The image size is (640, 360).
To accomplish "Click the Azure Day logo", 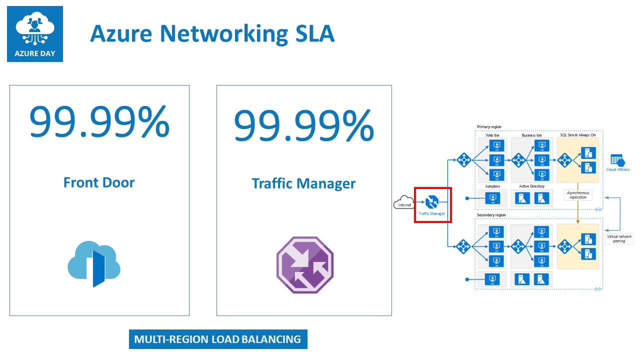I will (x=35, y=34).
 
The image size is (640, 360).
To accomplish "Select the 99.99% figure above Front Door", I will (x=99, y=123).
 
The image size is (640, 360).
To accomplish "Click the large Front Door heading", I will (x=99, y=182).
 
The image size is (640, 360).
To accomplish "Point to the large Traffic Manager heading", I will (x=303, y=183).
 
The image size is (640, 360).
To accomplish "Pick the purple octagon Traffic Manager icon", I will (x=304, y=265).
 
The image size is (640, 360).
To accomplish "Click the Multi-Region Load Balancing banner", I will (x=217, y=339).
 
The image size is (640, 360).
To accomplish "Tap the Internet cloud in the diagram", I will (x=402, y=204).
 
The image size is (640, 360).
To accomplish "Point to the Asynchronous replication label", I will (x=577, y=195).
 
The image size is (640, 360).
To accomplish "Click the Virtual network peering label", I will (x=619, y=238).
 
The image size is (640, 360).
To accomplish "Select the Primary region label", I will (x=489, y=127).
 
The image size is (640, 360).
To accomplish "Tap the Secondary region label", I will (x=491, y=215).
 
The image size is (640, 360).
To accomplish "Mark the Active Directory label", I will (x=531, y=186).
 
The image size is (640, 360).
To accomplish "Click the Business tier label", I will (x=531, y=135).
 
